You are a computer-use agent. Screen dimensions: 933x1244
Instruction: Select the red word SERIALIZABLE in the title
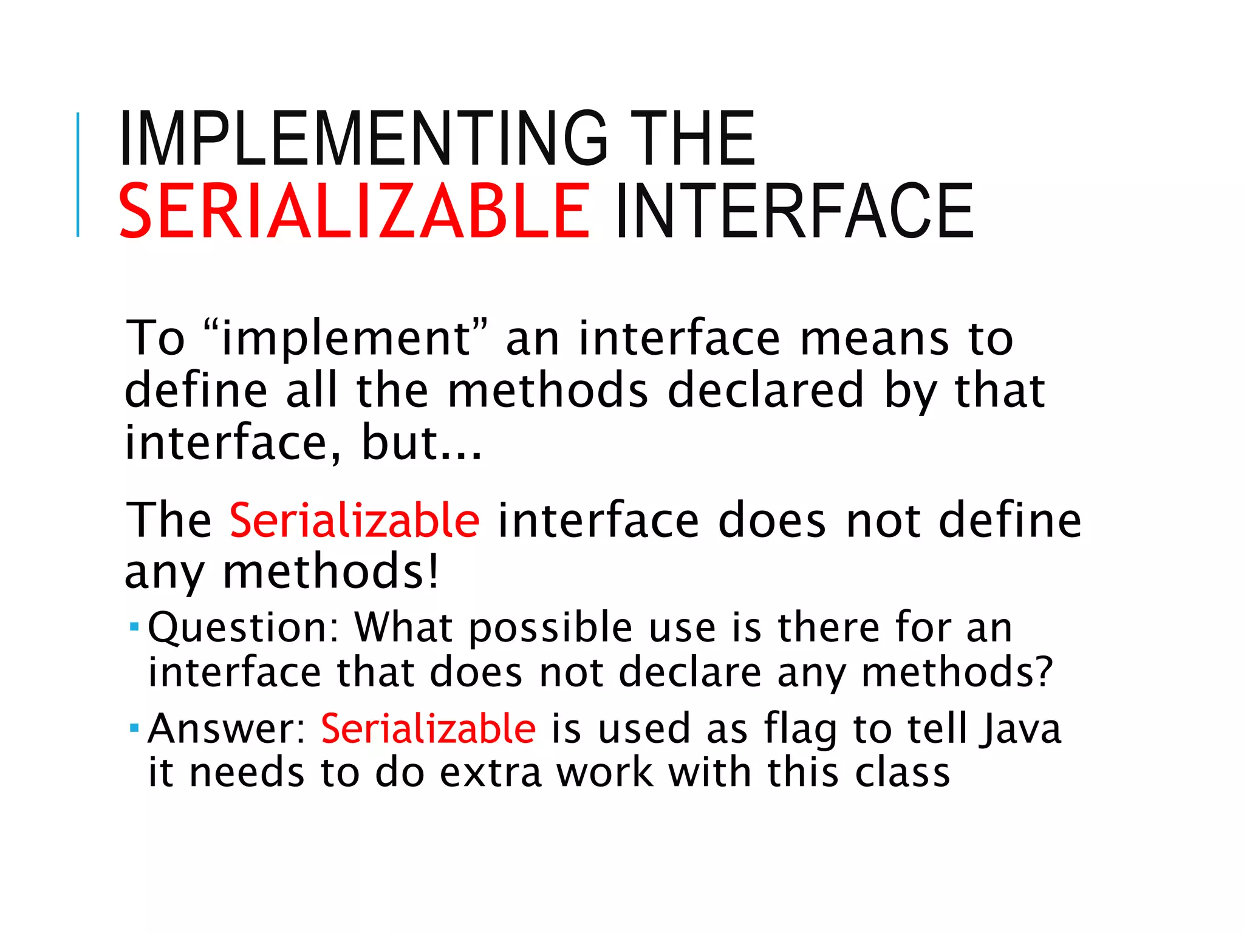coord(354,210)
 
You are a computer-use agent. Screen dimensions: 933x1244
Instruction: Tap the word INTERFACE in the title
coord(795,210)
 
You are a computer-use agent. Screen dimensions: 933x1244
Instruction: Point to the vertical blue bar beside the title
coord(78,174)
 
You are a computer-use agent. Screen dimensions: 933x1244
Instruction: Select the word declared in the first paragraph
coord(765,390)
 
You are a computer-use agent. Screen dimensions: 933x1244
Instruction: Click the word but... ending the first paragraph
coord(422,442)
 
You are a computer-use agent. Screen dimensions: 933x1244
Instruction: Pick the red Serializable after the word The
coord(355,521)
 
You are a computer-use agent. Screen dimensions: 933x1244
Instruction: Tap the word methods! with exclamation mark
coord(331,572)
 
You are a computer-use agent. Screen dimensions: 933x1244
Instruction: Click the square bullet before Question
coord(135,625)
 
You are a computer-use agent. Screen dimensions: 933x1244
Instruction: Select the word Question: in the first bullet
coord(243,627)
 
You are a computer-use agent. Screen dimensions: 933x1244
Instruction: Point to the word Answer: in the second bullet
coord(227,728)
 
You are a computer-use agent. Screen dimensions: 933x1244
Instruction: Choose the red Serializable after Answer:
coord(428,728)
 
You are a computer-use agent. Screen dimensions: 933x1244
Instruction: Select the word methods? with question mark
coord(957,673)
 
